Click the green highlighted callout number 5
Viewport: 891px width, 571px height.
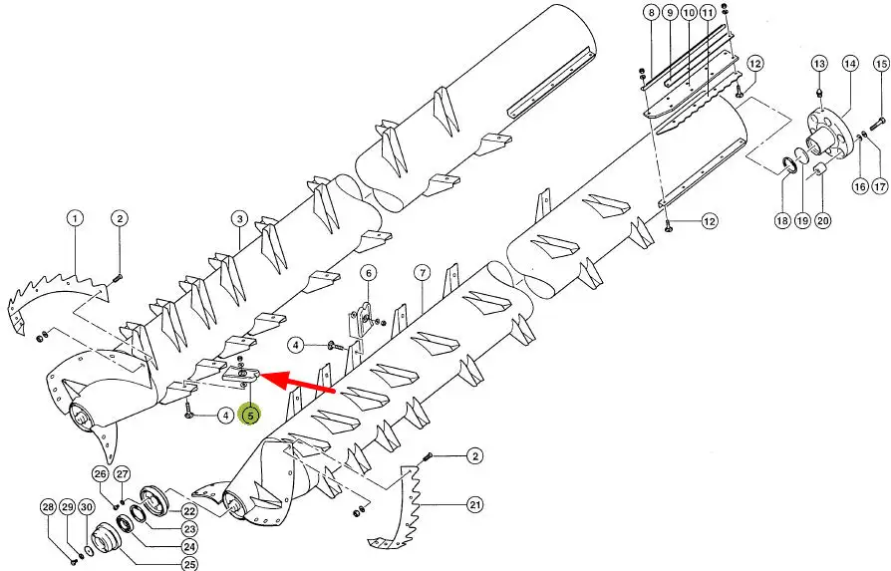tap(250, 416)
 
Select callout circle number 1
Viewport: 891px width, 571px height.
tap(75, 218)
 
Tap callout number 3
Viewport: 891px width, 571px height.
tap(240, 219)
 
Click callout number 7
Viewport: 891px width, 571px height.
tap(423, 273)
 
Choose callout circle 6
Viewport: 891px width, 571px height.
tap(368, 273)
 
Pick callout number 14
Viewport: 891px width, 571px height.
tap(850, 63)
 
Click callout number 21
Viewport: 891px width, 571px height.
tap(475, 504)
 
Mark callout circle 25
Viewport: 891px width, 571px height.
tap(189, 564)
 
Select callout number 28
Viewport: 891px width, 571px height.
tap(49, 507)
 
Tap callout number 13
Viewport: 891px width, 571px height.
tap(819, 64)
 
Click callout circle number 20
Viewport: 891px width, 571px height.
tap(823, 220)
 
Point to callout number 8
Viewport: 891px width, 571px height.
tap(651, 13)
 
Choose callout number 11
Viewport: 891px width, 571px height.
tap(708, 13)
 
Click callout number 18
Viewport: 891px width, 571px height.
tap(782, 220)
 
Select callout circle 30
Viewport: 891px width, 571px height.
tap(86, 507)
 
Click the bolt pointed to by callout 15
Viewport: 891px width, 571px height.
tap(877, 123)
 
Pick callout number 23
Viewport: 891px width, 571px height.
tap(189, 529)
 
